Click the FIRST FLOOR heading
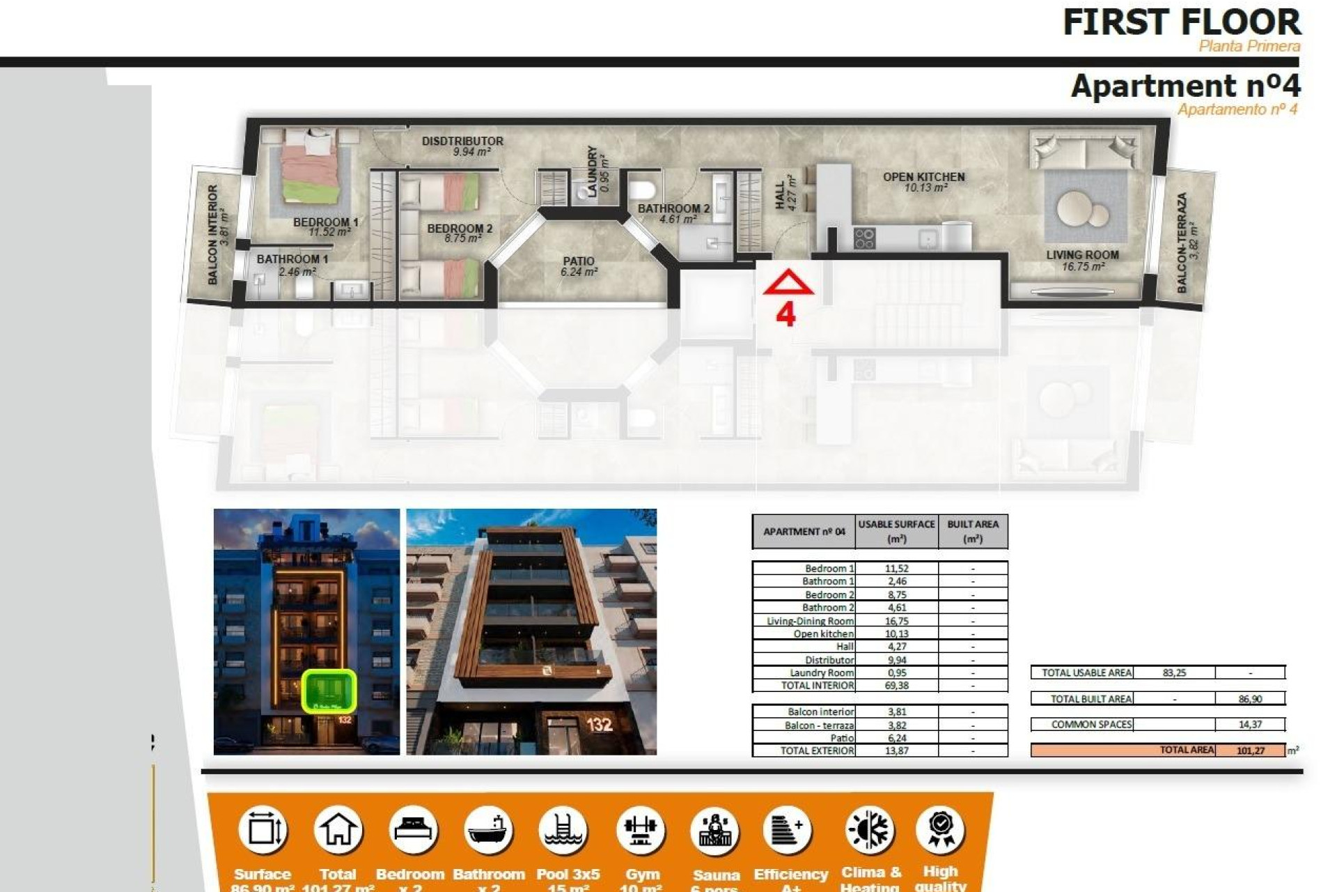1181,22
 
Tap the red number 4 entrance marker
785,315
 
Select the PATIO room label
578,262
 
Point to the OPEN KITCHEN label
924,177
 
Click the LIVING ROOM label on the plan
1082,255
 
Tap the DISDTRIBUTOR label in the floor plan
462,141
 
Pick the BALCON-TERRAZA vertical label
1182,243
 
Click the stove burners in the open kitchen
864,238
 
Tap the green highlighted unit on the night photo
329,691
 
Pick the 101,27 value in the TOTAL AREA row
1251,751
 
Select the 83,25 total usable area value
1174,672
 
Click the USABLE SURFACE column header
896,531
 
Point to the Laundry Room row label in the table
821,672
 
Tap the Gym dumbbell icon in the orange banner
641,831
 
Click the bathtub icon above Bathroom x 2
487,831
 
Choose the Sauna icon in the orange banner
715,831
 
